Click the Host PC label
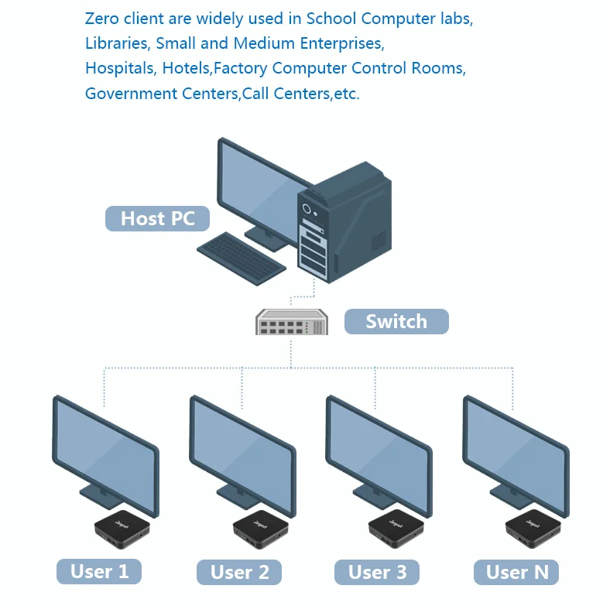158,218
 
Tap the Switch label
396,321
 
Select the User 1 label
99,572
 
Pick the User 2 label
240,573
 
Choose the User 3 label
377,572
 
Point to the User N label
516,573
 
